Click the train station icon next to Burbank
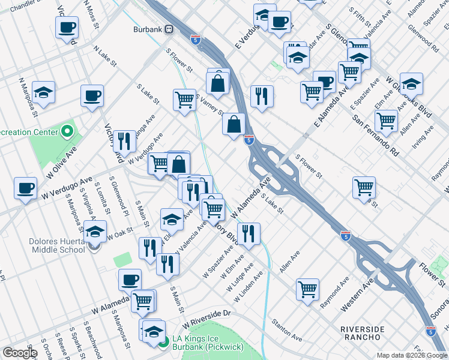pyautogui.click(x=169, y=28)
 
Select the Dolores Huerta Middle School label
pyautogui.click(x=56, y=245)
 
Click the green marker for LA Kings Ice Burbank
pyautogui.click(x=164, y=342)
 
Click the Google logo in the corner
pyautogui.click(x=20, y=353)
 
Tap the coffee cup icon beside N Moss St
pyautogui.click(x=67, y=27)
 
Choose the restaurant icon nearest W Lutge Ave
pyautogui.click(x=248, y=233)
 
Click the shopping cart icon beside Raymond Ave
pyautogui.click(x=308, y=289)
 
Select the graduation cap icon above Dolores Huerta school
pyautogui.click(x=94, y=231)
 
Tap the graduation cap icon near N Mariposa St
pyautogui.click(x=43, y=92)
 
